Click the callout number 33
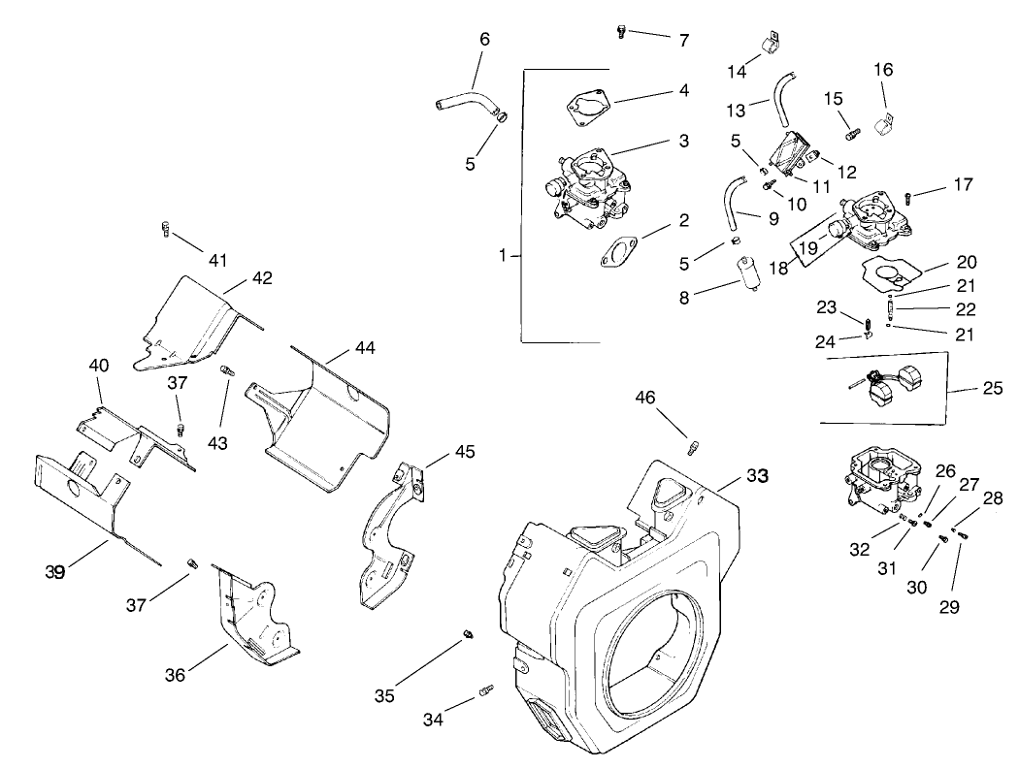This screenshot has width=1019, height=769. (x=756, y=476)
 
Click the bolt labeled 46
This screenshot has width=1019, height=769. (x=695, y=447)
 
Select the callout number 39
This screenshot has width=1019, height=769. (x=54, y=572)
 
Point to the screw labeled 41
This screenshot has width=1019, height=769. (x=165, y=230)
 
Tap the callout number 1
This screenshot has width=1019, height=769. (x=503, y=255)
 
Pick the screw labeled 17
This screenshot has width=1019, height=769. (x=909, y=197)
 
